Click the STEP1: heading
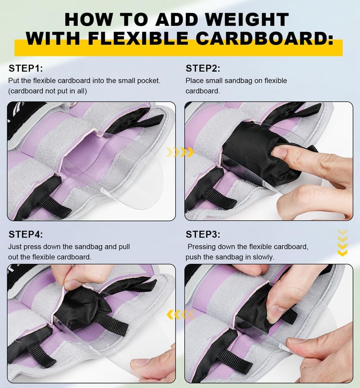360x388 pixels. (26, 68)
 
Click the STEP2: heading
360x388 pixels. (203, 68)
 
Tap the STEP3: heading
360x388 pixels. (203, 234)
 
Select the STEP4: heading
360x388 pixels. (26, 234)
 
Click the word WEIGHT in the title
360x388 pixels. (247, 19)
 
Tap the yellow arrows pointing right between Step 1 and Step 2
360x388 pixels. (180, 152)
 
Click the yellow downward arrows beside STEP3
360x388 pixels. (342, 242)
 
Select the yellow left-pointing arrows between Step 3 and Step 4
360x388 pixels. (180, 315)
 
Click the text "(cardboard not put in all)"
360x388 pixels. (48, 91)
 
